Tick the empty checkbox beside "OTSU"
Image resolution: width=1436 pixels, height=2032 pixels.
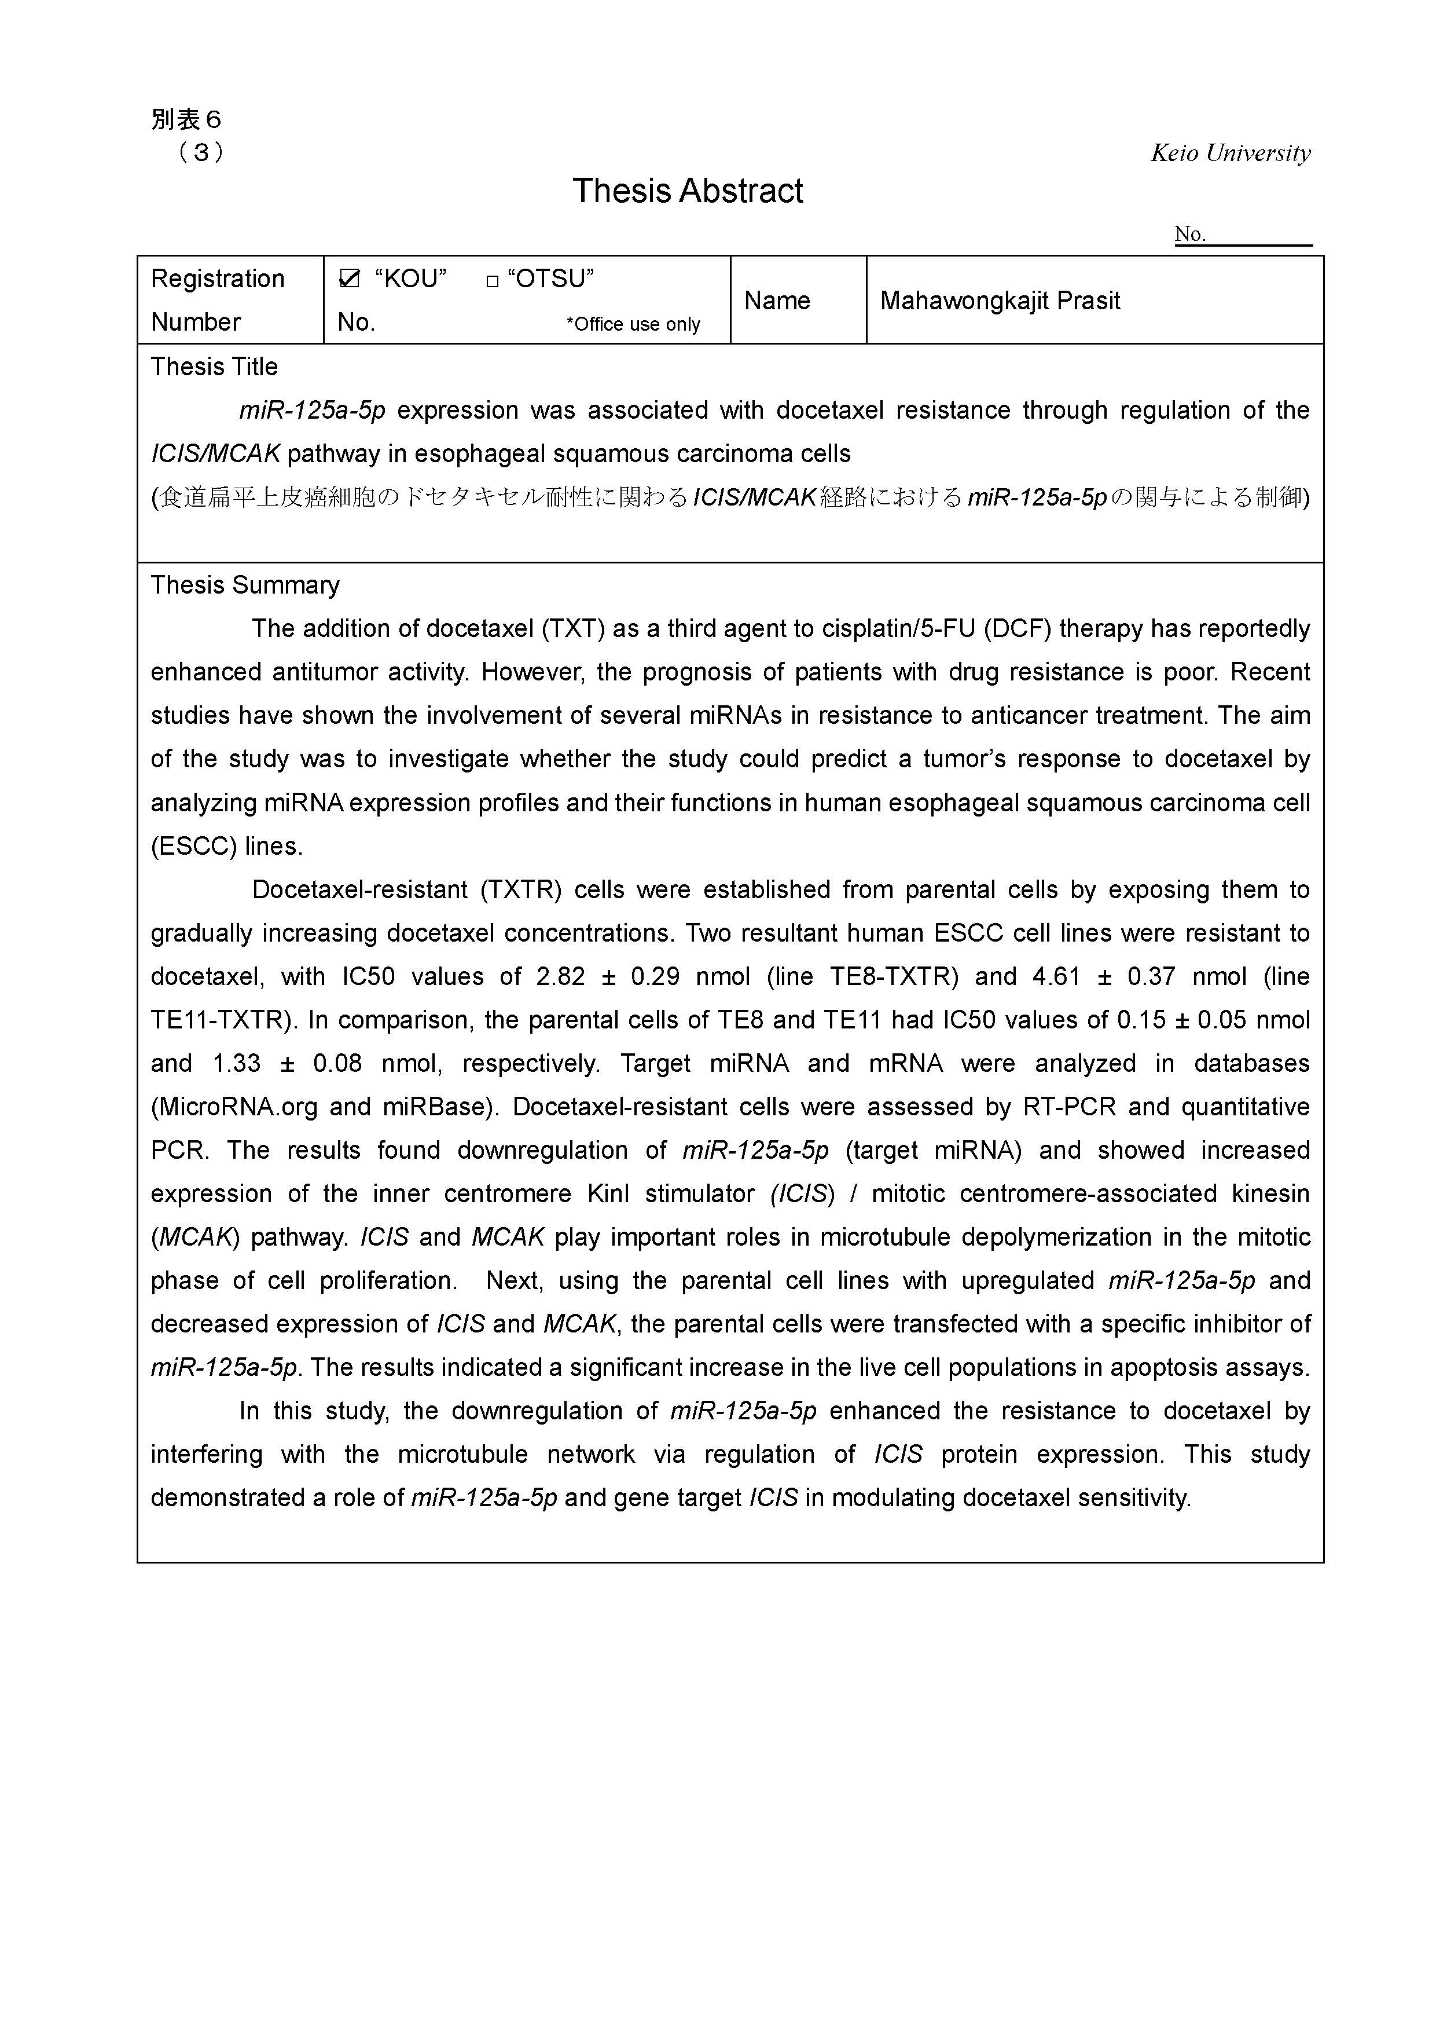[493, 281]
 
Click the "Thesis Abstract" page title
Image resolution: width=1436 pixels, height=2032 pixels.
[688, 191]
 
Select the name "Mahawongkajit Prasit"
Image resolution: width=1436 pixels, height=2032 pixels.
[1000, 301]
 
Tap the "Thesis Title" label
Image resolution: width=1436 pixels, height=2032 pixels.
[214, 367]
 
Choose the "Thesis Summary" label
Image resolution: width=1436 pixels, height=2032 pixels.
[245, 585]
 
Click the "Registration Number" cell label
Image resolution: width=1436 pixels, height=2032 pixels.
[218, 300]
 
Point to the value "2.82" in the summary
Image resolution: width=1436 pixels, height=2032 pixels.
[561, 976]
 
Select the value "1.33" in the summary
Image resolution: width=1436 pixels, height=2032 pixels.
[237, 1063]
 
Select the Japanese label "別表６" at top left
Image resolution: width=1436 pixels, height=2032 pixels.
[186, 119]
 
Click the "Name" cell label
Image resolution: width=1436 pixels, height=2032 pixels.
[777, 301]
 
